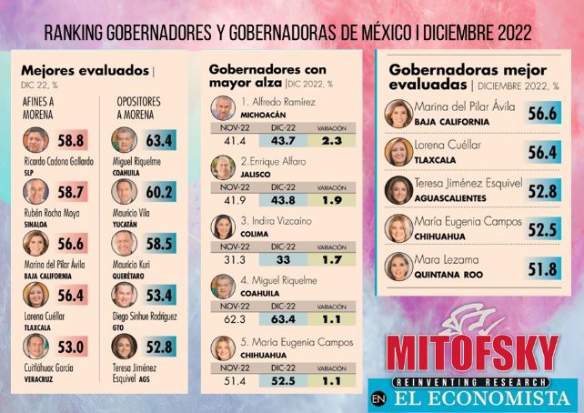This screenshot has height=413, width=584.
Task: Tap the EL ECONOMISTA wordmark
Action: coord(482,398)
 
